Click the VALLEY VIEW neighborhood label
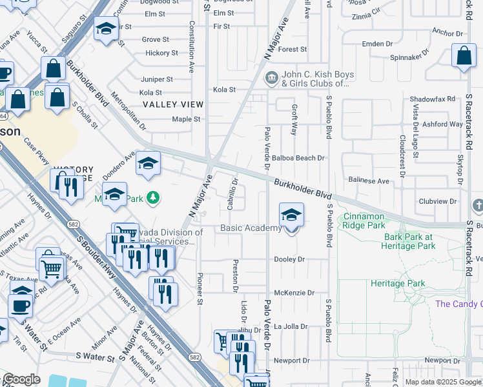(x=173, y=104)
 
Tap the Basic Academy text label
(x=251, y=228)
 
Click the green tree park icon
(x=153, y=197)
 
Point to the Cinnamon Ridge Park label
(x=373, y=221)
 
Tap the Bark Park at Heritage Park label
(x=417, y=241)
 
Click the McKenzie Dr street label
(x=294, y=292)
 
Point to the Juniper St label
(x=156, y=79)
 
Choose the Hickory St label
(x=157, y=53)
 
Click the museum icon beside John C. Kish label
(x=271, y=79)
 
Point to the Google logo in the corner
(x=21, y=379)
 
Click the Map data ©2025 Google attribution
(x=443, y=382)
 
